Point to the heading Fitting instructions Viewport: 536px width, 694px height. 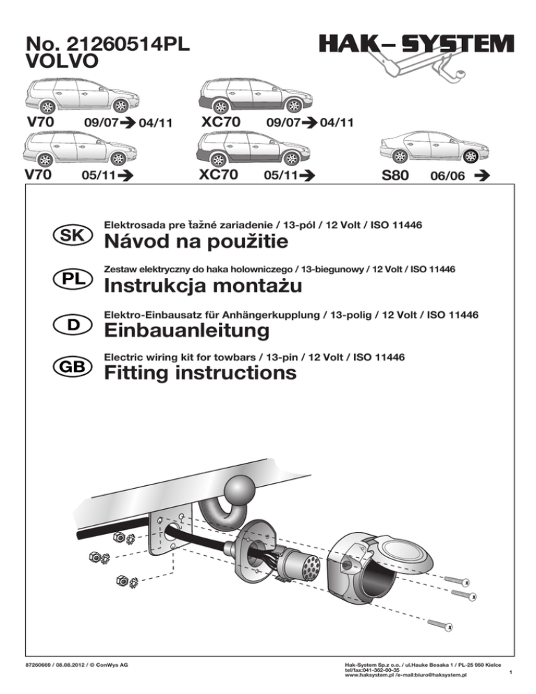(x=199, y=374)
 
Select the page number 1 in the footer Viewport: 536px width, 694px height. (x=512, y=672)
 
